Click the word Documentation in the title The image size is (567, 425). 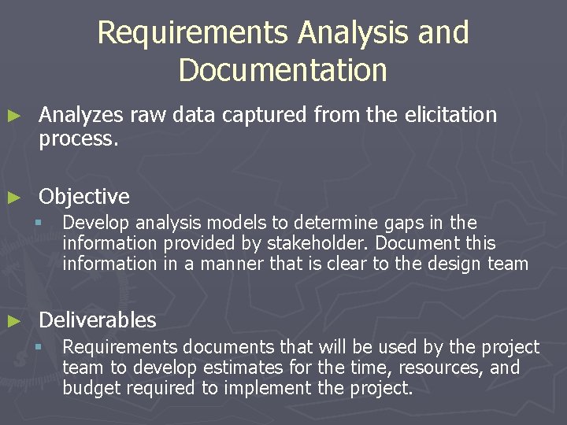283,69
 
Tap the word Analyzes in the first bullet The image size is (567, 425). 81,115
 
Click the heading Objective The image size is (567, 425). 84,196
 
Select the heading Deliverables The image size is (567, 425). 98,320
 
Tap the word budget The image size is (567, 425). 90,388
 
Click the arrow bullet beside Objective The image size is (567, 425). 13,196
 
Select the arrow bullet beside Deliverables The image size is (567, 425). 13,320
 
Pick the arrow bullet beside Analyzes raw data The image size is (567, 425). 13,116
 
